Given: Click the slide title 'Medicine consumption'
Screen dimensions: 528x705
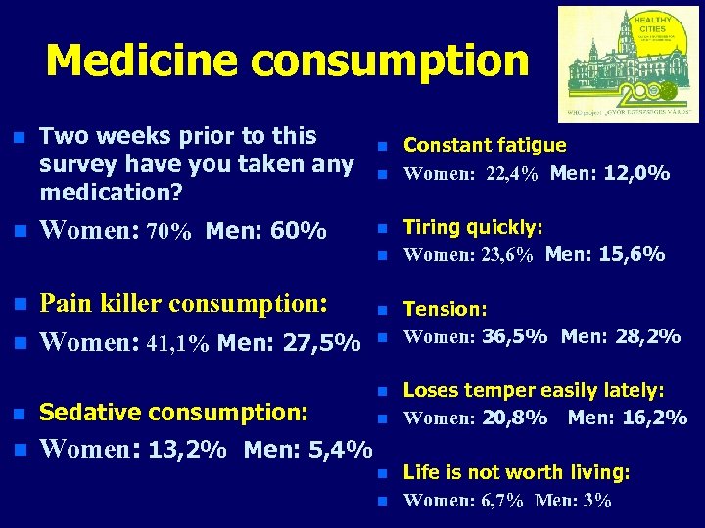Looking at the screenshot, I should coord(287,61).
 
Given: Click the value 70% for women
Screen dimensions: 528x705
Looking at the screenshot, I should coord(168,233).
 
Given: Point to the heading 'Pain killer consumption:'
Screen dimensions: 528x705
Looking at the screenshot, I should coord(183,303).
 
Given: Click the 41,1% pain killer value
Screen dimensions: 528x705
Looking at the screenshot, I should coord(177,344).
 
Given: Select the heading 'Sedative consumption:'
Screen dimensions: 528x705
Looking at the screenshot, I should coord(173,410).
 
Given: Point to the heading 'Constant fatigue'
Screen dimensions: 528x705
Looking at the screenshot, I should coord(485,145).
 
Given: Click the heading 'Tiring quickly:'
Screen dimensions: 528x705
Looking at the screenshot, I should coord(473,227).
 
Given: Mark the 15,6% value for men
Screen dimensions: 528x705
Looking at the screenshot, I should coord(634,255).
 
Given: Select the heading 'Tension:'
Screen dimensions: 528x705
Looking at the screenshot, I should coord(446,309).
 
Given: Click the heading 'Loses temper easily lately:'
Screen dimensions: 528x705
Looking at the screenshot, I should coord(534,390).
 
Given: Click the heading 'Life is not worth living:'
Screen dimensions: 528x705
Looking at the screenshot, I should coord(516,472).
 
